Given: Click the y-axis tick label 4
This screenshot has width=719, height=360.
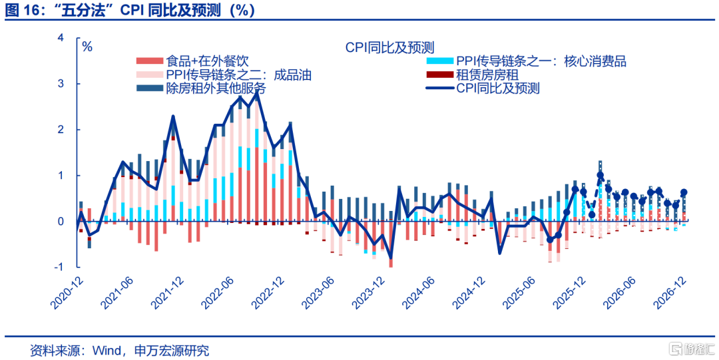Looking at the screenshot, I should tap(61, 39).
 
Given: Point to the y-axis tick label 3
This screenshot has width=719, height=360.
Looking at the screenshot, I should tap(61, 85).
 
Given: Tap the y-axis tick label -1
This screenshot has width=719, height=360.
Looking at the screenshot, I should tap(59, 267).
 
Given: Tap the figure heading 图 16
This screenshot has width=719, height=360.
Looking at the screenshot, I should tap(21, 11).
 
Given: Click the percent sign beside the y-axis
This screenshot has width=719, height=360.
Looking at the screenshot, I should tap(87, 47).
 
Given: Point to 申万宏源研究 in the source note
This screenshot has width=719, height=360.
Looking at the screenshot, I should tap(172, 350).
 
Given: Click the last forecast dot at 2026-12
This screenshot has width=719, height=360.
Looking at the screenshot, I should tap(684, 193).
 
